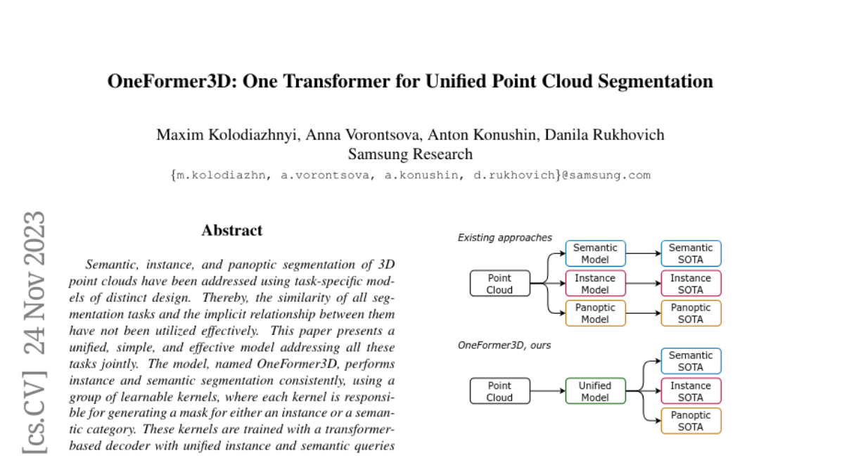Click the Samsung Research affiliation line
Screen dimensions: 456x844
410,154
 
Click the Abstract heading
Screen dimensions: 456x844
231,230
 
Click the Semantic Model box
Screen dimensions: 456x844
594,253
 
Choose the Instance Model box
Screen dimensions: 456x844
594,284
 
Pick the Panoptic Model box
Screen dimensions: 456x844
594,313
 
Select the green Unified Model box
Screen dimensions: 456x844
594,391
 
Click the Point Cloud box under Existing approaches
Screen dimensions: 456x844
499,284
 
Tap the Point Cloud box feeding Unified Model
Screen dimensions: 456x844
499,391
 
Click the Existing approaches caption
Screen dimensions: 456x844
504,238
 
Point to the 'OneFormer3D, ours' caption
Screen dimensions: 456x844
503,346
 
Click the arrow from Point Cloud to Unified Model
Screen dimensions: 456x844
547,391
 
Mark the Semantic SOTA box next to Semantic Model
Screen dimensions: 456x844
691,253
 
